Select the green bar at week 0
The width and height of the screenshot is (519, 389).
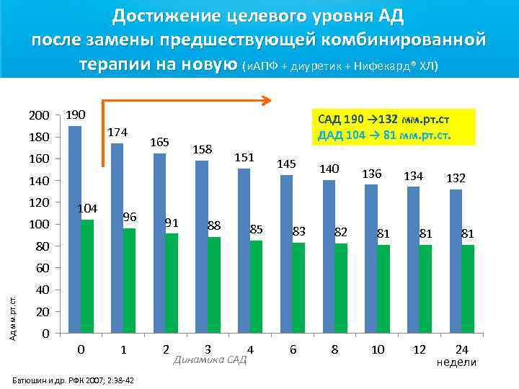[87, 277]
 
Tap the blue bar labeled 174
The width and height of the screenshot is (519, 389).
[117, 238]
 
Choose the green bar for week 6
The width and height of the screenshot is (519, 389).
[298, 287]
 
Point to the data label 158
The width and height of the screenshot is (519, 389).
[203, 149]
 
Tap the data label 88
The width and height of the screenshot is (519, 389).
[214, 225]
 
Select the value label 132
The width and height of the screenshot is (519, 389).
[456, 177]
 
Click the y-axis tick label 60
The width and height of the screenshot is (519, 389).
[42, 269]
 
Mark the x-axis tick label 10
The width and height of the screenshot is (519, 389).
[377, 349]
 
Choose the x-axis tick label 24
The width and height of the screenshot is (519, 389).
[462, 349]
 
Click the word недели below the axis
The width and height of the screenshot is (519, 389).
[457, 362]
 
